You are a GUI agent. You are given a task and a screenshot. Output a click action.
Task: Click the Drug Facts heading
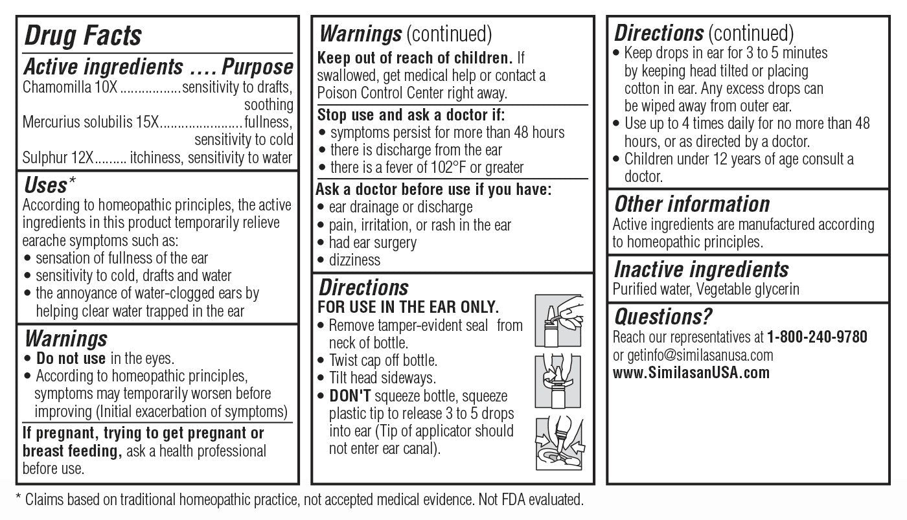82,36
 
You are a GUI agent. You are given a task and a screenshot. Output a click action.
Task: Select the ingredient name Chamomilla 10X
70,87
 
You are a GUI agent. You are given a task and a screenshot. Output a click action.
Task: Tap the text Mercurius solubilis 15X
90,122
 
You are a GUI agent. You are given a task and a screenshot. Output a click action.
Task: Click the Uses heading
45,186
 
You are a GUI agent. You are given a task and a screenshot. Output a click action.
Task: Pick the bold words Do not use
71,358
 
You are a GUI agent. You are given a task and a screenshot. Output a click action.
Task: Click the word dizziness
354,260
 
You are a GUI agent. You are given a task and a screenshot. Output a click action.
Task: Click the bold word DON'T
349,396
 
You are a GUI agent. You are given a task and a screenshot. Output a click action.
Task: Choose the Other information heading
691,205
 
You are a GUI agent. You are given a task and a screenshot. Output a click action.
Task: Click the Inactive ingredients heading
701,269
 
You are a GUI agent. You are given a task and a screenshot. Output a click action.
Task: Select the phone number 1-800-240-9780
817,337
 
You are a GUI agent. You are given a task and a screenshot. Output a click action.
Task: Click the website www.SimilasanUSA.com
691,373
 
